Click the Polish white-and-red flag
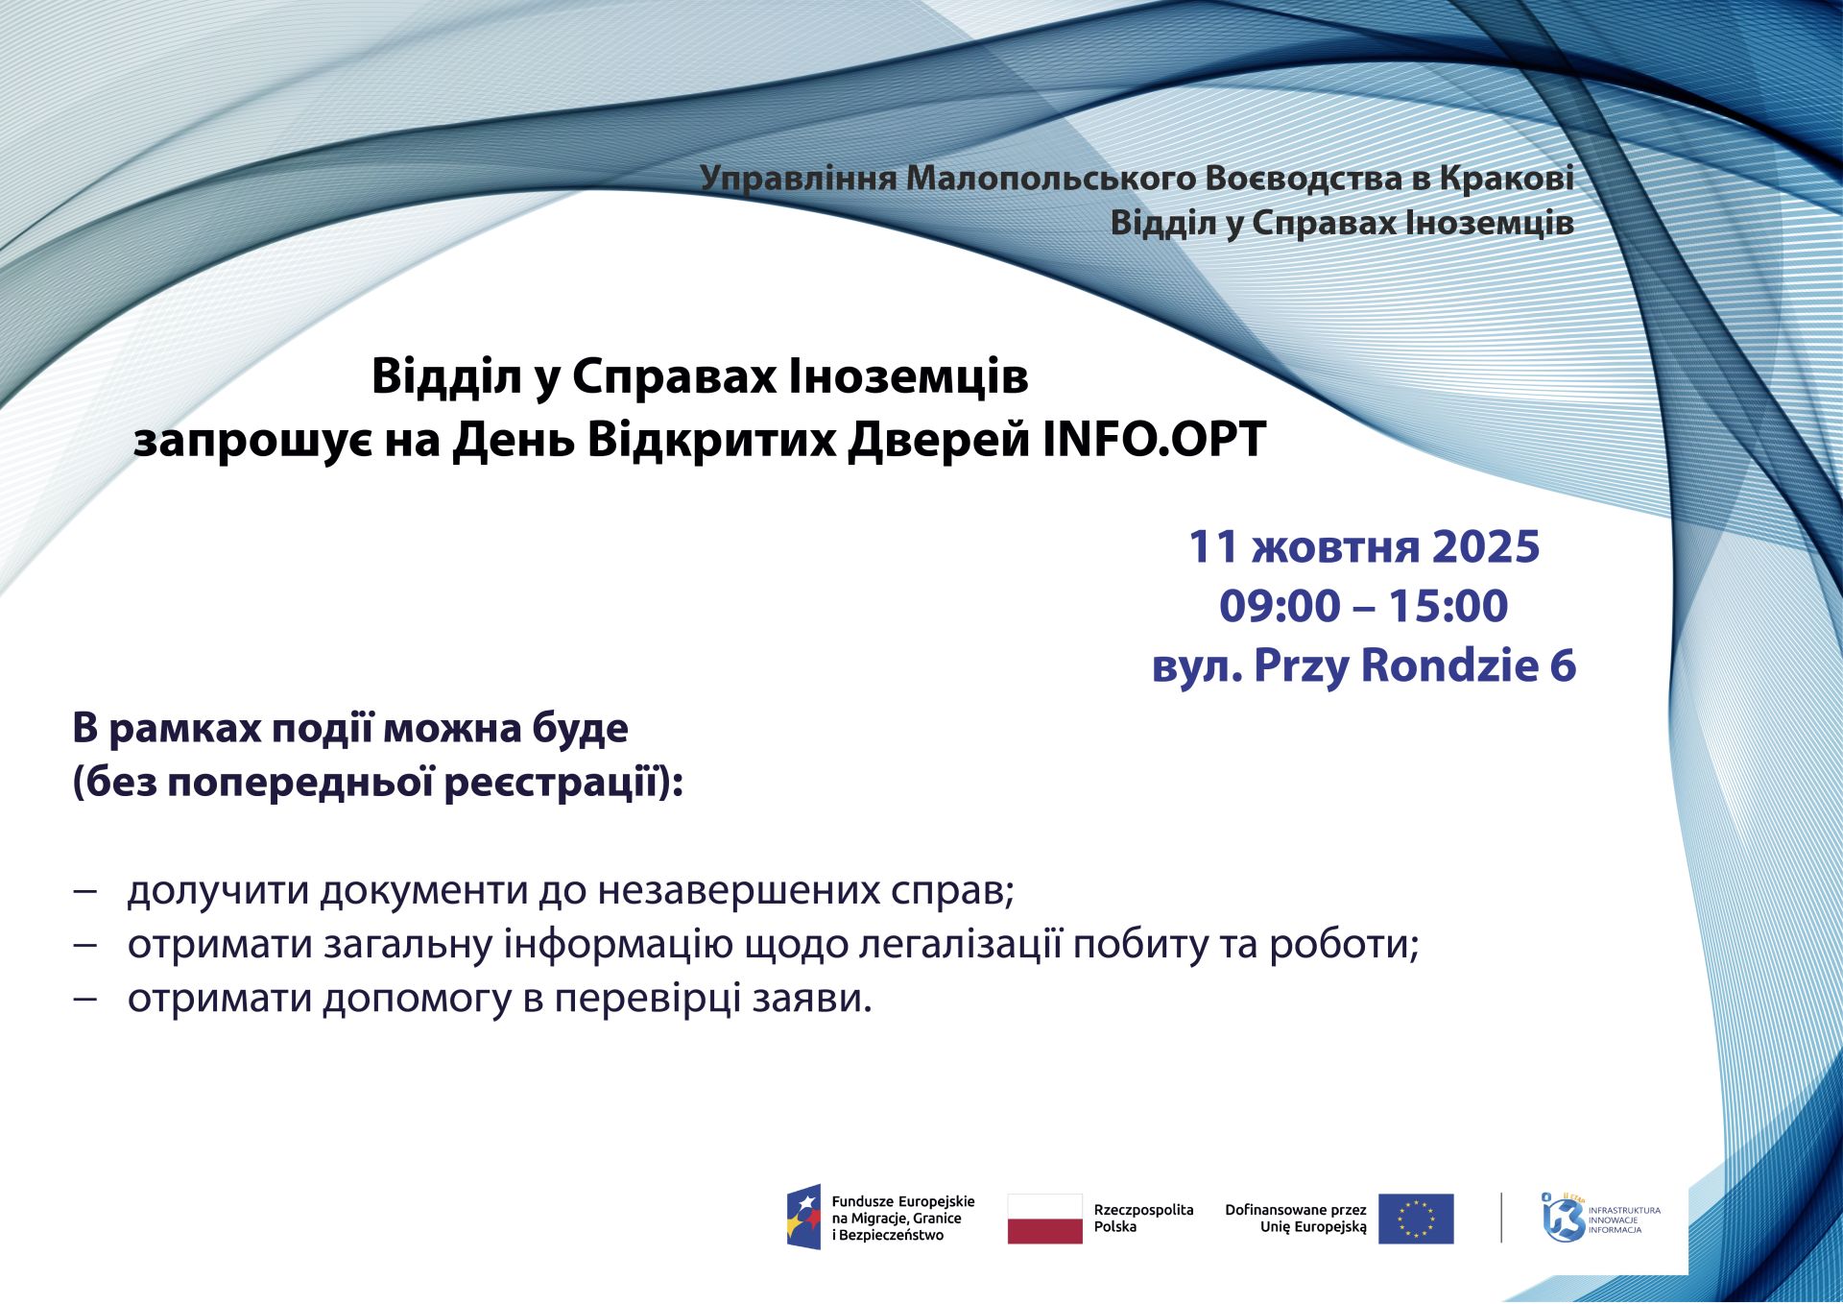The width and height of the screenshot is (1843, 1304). click(x=1044, y=1219)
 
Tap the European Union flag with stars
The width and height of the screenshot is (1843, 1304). click(x=1416, y=1219)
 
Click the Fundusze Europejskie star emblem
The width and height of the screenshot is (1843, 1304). click(x=804, y=1218)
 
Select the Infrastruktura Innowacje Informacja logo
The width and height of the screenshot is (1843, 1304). click(x=1600, y=1218)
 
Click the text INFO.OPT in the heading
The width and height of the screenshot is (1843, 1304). click(x=1154, y=440)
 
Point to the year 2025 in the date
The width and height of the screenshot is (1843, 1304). click(x=1486, y=546)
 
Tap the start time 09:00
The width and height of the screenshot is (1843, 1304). click(x=1280, y=606)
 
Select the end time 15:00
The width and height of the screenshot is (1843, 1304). click(x=1448, y=606)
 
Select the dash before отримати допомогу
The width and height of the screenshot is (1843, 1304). click(x=85, y=1000)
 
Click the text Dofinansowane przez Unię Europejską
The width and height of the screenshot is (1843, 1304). click(x=1296, y=1219)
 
